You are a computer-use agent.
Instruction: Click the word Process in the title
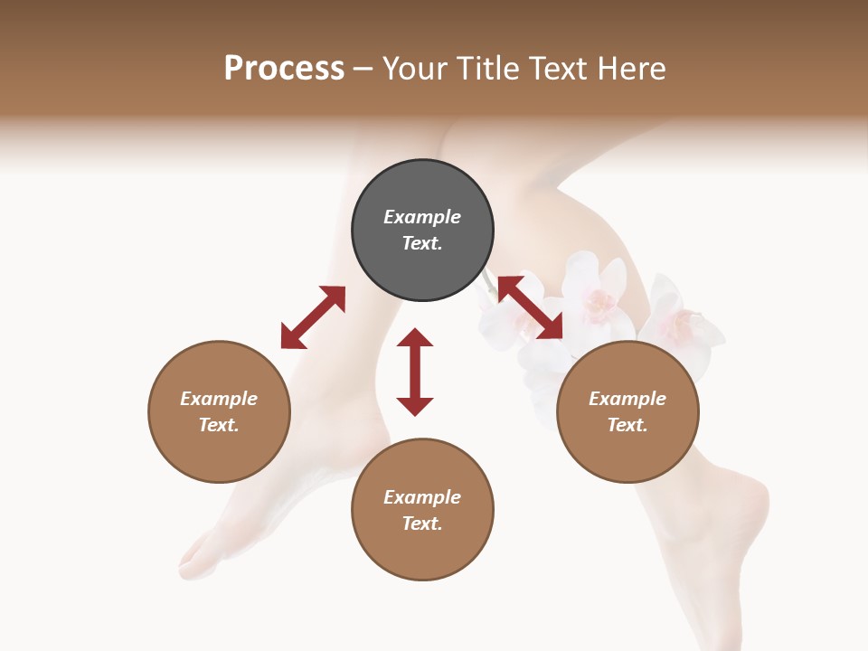(x=284, y=69)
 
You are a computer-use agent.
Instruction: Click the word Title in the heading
(x=486, y=69)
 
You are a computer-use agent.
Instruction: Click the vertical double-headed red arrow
(x=415, y=372)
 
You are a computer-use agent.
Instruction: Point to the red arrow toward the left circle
(x=313, y=317)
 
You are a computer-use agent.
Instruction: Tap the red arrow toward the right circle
(x=531, y=307)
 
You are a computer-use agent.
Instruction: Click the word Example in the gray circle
(x=422, y=217)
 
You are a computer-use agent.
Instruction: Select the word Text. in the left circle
(x=219, y=425)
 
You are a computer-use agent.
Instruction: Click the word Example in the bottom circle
(x=422, y=496)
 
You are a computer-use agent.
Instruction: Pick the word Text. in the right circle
(x=627, y=425)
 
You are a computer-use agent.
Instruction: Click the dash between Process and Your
(x=363, y=69)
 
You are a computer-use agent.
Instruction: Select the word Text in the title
(x=556, y=69)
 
